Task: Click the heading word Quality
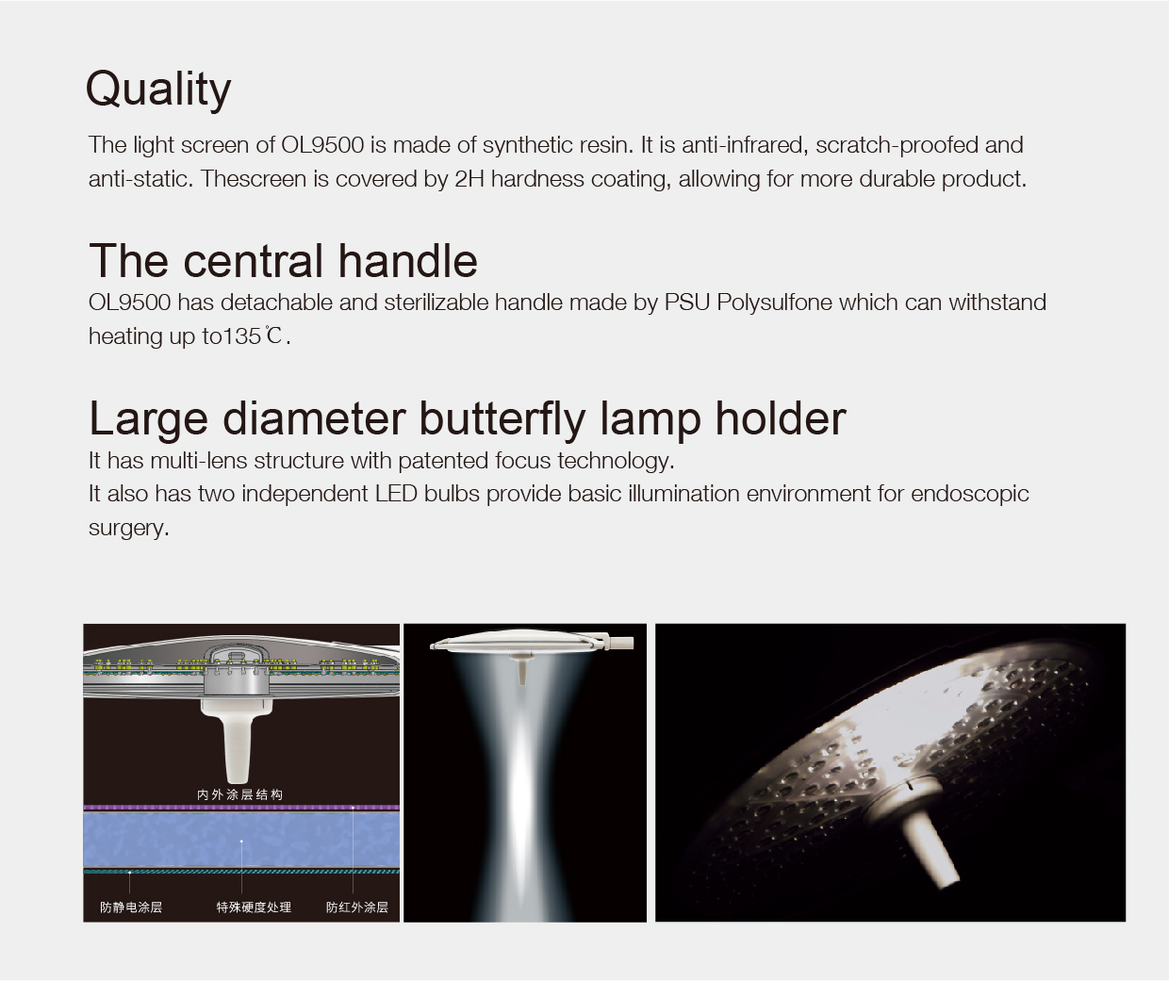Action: pos(158,90)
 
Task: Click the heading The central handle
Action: pos(283,261)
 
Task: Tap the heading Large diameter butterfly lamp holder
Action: pos(468,419)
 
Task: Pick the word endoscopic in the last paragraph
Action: pos(970,494)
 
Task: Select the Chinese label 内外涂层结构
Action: pos(240,794)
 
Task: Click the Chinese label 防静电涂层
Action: pos(131,907)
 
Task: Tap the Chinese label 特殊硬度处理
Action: pos(254,907)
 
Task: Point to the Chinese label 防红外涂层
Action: pos(357,907)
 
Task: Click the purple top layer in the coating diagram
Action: pos(241,809)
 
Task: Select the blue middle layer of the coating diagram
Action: pos(241,840)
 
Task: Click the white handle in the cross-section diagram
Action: pos(237,739)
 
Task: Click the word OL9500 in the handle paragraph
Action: pos(129,302)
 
